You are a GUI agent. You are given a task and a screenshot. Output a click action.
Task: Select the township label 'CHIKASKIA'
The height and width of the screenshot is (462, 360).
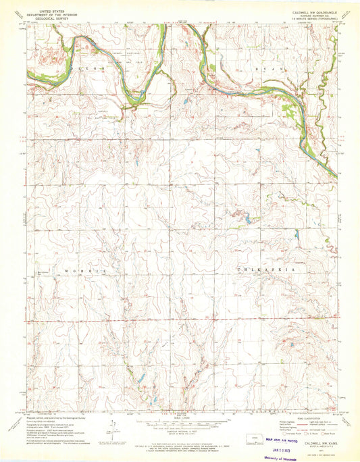point(257,269)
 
